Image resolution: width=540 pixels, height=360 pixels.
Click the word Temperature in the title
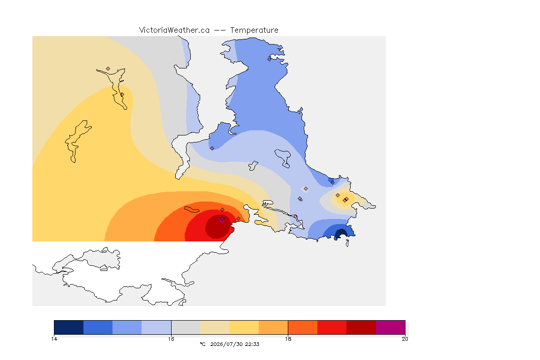[x=254, y=30]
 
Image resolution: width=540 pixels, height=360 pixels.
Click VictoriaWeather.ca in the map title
[x=174, y=30]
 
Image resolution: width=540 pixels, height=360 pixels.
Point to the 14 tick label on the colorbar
[x=54, y=339]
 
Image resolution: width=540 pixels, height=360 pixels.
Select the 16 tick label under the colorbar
[x=171, y=339]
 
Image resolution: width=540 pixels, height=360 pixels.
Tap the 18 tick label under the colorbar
[x=288, y=339]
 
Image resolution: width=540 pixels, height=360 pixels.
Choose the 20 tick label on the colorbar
[x=405, y=339]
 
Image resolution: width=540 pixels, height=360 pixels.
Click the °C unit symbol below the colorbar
[x=202, y=344]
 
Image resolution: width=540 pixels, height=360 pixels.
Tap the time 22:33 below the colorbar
[x=252, y=344]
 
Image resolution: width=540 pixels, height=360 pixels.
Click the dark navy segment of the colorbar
[x=69, y=327]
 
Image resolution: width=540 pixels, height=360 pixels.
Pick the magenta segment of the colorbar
[x=390, y=327]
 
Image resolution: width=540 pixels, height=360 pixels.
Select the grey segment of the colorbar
[x=186, y=327]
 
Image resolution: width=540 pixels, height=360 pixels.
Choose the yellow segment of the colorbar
[x=244, y=327]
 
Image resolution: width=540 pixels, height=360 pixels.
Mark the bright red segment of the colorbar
[x=332, y=327]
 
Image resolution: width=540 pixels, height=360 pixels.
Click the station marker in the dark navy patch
[x=341, y=231]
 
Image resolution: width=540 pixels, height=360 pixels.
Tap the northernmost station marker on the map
[x=270, y=59]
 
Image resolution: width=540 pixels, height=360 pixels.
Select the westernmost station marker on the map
[x=108, y=69]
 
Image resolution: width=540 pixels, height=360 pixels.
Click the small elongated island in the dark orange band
[x=192, y=209]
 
